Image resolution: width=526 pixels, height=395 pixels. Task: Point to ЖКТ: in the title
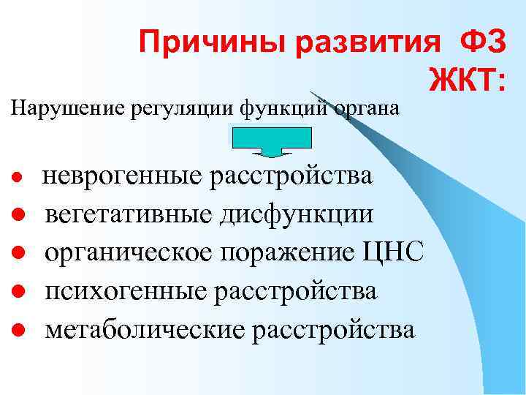point(467,80)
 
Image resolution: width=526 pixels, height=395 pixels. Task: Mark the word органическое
point(134,253)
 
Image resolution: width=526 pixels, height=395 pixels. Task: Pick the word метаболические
point(142,329)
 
